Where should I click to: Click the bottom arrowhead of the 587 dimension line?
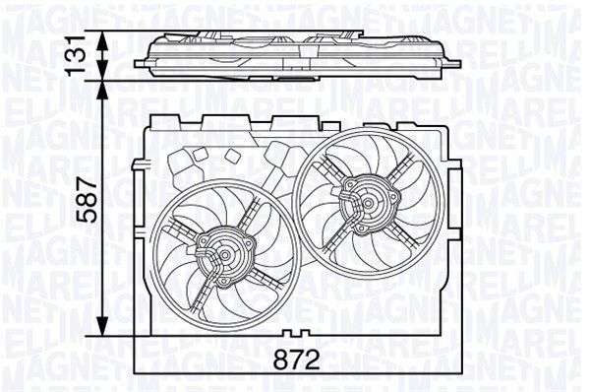tap(104, 331)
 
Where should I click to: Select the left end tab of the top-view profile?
tap(140, 63)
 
